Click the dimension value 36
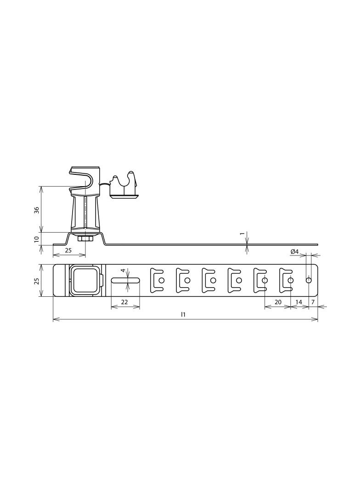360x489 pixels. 37,210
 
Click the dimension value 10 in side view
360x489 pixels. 37,239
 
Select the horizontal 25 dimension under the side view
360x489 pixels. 68,250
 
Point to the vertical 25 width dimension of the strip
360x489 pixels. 37,281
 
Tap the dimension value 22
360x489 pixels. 124,302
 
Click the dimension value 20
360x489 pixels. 277,302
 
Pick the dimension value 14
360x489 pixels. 299,302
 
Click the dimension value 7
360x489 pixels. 313,302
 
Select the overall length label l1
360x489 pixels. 183,314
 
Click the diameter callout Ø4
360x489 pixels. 294,251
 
